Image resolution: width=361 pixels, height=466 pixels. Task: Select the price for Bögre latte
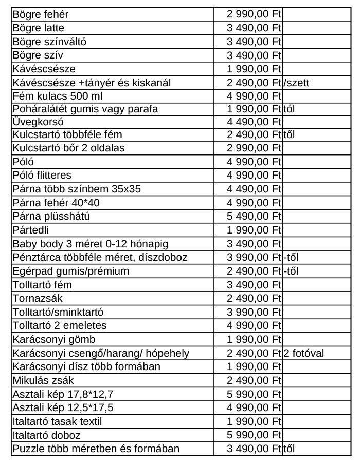pyautogui.click(x=254, y=28)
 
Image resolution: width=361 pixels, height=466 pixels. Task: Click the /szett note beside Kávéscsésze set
pyautogui.click(x=296, y=82)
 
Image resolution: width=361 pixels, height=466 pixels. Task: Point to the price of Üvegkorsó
pyautogui.click(x=254, y=122)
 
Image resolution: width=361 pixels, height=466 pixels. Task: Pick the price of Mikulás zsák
pyautogui.click(x=254, y=394)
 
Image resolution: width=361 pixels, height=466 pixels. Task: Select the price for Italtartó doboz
pyautogui.click(x=254, y=435)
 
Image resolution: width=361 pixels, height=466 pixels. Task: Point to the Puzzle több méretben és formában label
pyautogui.click(x=96, y=449)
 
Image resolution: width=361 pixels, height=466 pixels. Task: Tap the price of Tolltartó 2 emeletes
pyautogui.click(x=254, y=325)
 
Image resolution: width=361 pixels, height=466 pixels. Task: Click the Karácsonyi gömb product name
pyautogui.click(x=54, y=339)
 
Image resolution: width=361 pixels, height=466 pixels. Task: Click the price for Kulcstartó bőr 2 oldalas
pyautogui.click(x=254, y=148)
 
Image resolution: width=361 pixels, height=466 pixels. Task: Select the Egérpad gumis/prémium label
pyautogui.click(x=70, y=270)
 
